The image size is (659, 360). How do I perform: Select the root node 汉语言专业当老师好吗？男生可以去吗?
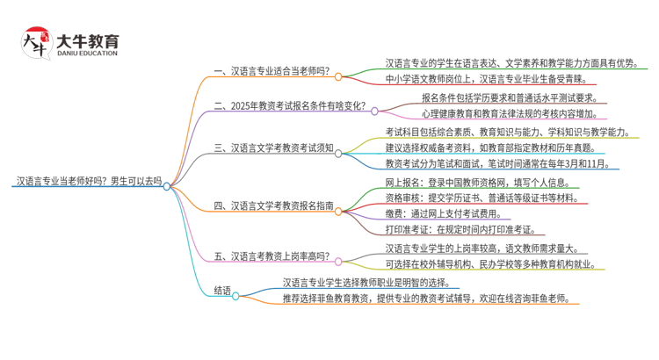pyautogui.click(x=89, y=182)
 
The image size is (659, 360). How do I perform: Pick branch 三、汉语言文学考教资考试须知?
pyautogui.click(x=273, y=148)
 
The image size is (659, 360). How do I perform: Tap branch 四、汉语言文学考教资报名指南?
pyautogui.click(x=273, y=206)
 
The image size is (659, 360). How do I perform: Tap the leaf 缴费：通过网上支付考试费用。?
pyautogui.click(x=446, y=213)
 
